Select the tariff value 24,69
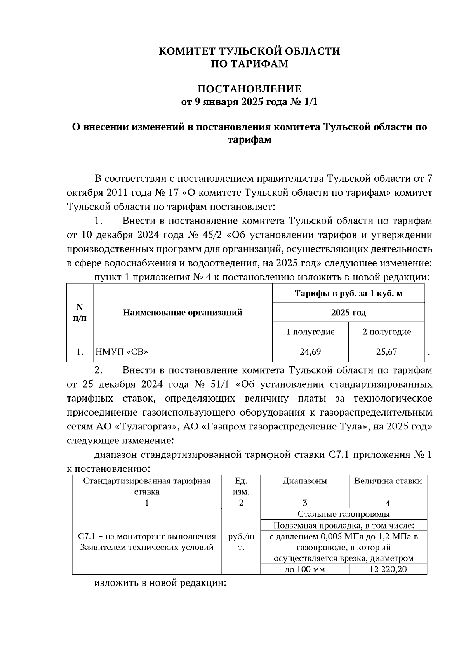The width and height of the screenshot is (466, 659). click(x=310, y=352)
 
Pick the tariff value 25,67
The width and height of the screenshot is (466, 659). click(x=386, y=352)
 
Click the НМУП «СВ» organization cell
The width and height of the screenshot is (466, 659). click(x=122, y=352)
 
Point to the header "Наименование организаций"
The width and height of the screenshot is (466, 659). click(x=183, y=313)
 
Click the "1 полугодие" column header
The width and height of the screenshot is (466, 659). click(x=310, y=332)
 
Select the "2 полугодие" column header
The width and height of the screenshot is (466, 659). click(x=386, y=332)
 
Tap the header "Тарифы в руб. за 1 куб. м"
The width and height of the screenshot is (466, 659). click(x=348, y=294)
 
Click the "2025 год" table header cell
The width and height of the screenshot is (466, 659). click(x=348, y=313)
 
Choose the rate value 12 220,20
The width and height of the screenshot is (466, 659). click(x=388, y=570)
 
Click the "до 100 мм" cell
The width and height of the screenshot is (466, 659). click(x=305, y=570)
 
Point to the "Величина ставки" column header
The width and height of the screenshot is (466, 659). click(x=388, y=481)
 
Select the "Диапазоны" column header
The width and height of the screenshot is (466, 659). click(x=305, y=481)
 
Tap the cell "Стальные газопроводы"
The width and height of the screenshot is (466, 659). click(x=343, y=514)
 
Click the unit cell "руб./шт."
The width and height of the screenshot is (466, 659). click(x=241, y=542)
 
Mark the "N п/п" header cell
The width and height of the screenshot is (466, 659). click(x=80, y=313)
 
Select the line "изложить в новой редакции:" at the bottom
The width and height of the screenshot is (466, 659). click(x=160, y=583)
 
